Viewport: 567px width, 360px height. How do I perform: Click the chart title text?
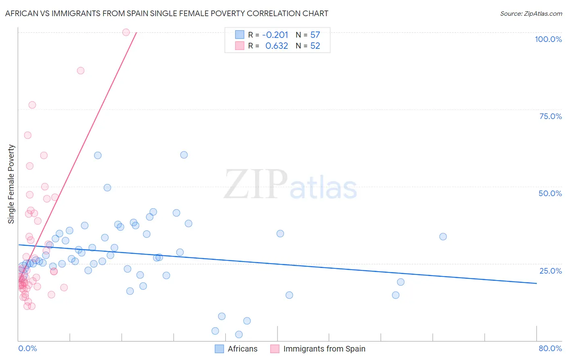167,13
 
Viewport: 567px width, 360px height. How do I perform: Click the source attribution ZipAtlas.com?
531,13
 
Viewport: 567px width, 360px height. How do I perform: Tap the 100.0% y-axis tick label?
548,39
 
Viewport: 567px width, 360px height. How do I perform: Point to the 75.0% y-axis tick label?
550,116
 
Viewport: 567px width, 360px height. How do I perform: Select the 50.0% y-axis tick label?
550,193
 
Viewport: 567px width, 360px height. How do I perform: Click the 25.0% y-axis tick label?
550,271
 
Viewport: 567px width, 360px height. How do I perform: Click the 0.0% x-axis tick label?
27,348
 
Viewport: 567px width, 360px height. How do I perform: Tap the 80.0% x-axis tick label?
550,348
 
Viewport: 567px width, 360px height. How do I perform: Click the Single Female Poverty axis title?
11,184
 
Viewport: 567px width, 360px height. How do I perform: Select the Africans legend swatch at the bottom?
219,349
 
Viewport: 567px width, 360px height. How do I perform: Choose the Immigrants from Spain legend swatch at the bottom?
275,349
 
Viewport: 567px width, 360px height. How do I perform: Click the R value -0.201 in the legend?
275,35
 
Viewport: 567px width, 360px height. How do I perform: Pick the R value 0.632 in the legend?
277,46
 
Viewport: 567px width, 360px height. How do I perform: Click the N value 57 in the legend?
315,35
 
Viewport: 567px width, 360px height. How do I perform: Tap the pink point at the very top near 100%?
126,32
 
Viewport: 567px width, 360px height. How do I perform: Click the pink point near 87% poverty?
81,71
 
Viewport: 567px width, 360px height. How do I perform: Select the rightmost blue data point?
443,237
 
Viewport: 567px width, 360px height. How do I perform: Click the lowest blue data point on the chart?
239,335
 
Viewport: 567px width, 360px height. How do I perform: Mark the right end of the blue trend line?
536,283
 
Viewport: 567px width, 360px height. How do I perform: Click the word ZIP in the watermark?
256,184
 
